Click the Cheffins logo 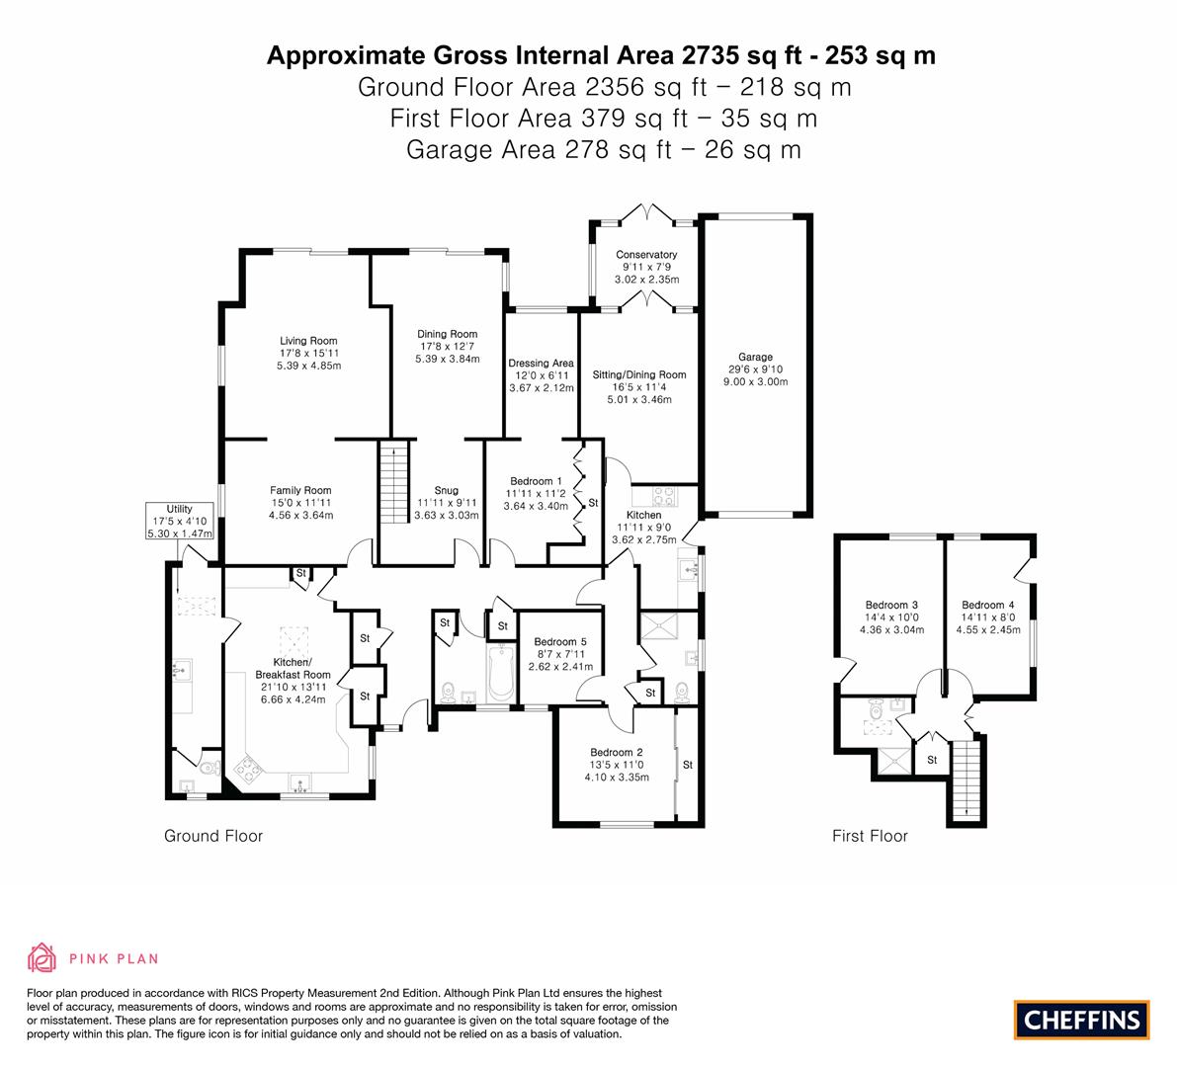point(1081,1020)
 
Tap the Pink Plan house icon point(42,957)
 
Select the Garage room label point(755,358)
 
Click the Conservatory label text point(646,254)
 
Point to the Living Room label point(308,341)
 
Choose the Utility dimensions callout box point(180,521)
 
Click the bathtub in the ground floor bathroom point(499,673)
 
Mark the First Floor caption point(870,836)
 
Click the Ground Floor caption point(213,836)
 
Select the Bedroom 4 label point(988,605)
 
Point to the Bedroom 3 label point(891,605)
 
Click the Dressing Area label point(541,364)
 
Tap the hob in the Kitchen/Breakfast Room point(248,770)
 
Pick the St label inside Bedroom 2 point(688,765)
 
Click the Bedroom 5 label point(560,641)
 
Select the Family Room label point(300,491)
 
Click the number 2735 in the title point(711,55)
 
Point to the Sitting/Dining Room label point(638,375)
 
